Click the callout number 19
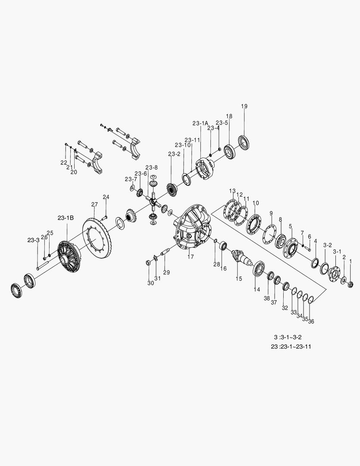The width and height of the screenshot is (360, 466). click(x=244, y=106)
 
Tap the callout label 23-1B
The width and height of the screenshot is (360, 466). click(x=66, y=218)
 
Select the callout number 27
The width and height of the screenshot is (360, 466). click(x=94, y=204)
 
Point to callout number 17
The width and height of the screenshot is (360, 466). click(x=191, y=256)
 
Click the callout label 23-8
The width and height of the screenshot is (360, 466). click(x=151, y=167)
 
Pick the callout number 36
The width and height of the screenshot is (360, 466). click(x=311, y=321)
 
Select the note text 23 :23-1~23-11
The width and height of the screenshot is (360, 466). click(x=291, y=346)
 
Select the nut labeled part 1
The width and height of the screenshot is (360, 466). click(x=351, y=284)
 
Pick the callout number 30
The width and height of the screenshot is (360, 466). click(x=150, y=283)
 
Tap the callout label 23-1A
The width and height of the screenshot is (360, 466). click(x=200, y=123)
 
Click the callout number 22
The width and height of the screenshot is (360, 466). click(x=64, y=163)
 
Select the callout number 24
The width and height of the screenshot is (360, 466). click(x=106, y=197)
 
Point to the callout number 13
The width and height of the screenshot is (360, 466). click(x=232, y=191)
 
